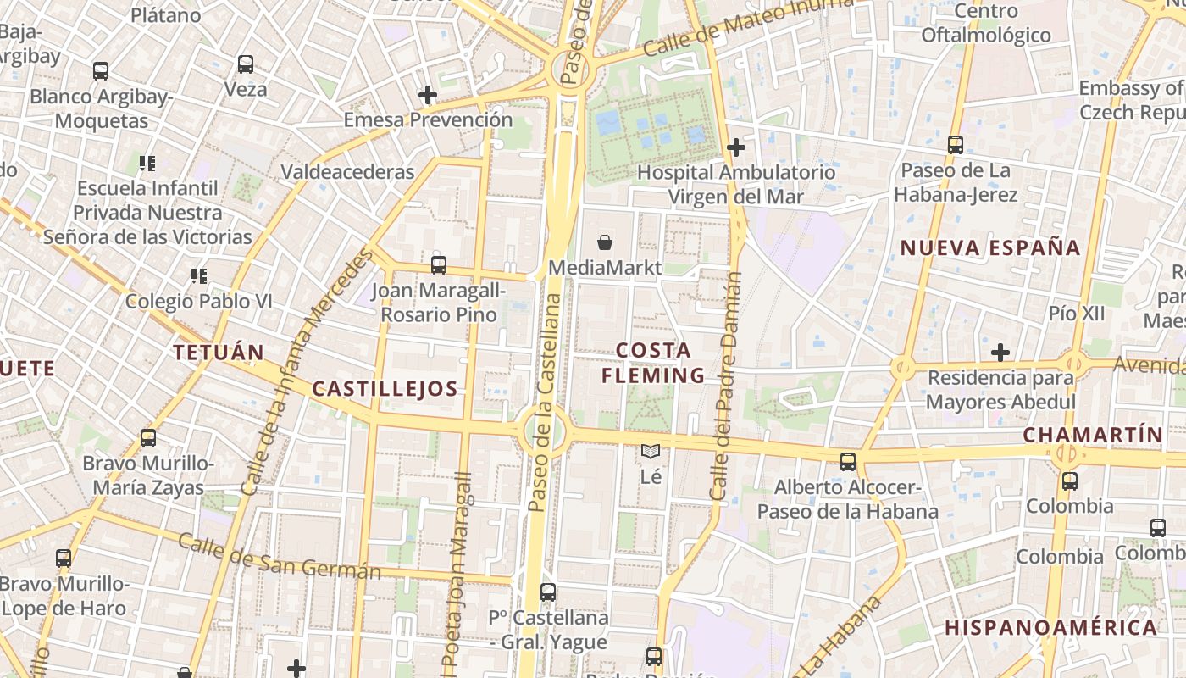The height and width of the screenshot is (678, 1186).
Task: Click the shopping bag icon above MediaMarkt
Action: [x=605, y=243]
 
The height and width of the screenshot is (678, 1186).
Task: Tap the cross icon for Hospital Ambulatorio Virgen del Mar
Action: [x=736, y=147]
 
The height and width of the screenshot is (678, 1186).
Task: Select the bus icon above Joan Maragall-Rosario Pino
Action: [x=438, y=264]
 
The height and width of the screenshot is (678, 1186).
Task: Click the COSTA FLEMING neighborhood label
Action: [x=653, y=363]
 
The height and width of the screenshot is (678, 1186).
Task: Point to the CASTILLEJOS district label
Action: [x=385, y=389]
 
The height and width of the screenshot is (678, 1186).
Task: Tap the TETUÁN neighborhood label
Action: [x=219, y=352]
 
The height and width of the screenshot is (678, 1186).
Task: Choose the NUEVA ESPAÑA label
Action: [x=990, y=248]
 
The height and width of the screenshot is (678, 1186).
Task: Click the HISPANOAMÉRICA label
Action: [x=1050, y=628]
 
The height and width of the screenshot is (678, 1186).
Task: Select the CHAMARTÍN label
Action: [x=1093, y=435]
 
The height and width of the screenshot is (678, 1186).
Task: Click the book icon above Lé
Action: [x=650, y=452]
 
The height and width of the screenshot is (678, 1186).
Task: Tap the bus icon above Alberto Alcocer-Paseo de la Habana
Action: [x=848, y=462]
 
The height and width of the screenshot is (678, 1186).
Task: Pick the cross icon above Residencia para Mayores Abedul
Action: [x=1000, y=352]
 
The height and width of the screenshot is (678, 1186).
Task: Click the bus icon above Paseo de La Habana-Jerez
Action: [x=956, y=145]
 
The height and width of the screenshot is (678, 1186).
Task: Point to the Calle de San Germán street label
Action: [x=280, y=557]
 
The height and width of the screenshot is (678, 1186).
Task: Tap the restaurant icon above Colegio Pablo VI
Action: [x=199, y=275]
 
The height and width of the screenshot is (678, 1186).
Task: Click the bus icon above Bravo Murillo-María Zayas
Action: [x=148, y=438]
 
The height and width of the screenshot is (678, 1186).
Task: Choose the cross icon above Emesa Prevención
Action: [x=428, y=95]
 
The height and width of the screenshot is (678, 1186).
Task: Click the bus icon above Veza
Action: [x=246, y=64]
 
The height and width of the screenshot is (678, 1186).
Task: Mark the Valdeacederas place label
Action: [x=347, y=172]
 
